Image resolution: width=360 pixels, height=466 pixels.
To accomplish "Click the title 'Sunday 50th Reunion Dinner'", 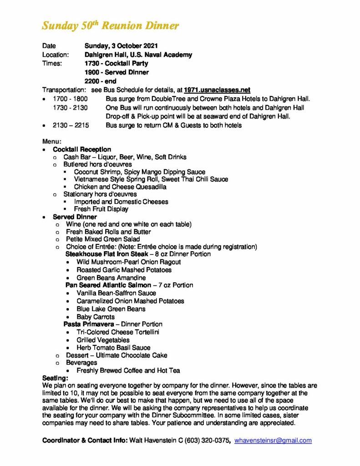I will [x=110, y=26].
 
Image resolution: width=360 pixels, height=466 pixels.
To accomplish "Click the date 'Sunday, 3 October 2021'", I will [x=121, y=46].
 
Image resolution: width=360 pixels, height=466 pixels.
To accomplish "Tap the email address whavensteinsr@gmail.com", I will [x=273, y=440].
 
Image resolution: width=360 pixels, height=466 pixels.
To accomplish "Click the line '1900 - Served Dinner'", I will [x=117, y=72].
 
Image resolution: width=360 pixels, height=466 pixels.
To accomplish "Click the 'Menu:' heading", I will [x=51, y=141].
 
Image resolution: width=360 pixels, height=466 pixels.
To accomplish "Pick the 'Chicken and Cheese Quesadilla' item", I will [x=120, y=187].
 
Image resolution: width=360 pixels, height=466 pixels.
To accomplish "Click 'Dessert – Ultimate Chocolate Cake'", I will [x=117, y=355].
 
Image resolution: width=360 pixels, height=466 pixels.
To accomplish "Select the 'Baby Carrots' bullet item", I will [x=96, y=316].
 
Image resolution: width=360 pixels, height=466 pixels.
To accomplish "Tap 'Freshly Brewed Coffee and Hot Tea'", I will [x=128, y=370].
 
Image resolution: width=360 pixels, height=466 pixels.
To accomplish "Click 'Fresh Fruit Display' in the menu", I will [x=101, y=209].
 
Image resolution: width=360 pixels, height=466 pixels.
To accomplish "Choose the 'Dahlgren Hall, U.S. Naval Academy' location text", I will [x=138, y=55].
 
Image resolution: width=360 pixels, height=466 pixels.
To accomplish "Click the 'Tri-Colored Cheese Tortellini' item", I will [x=118, y=332].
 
